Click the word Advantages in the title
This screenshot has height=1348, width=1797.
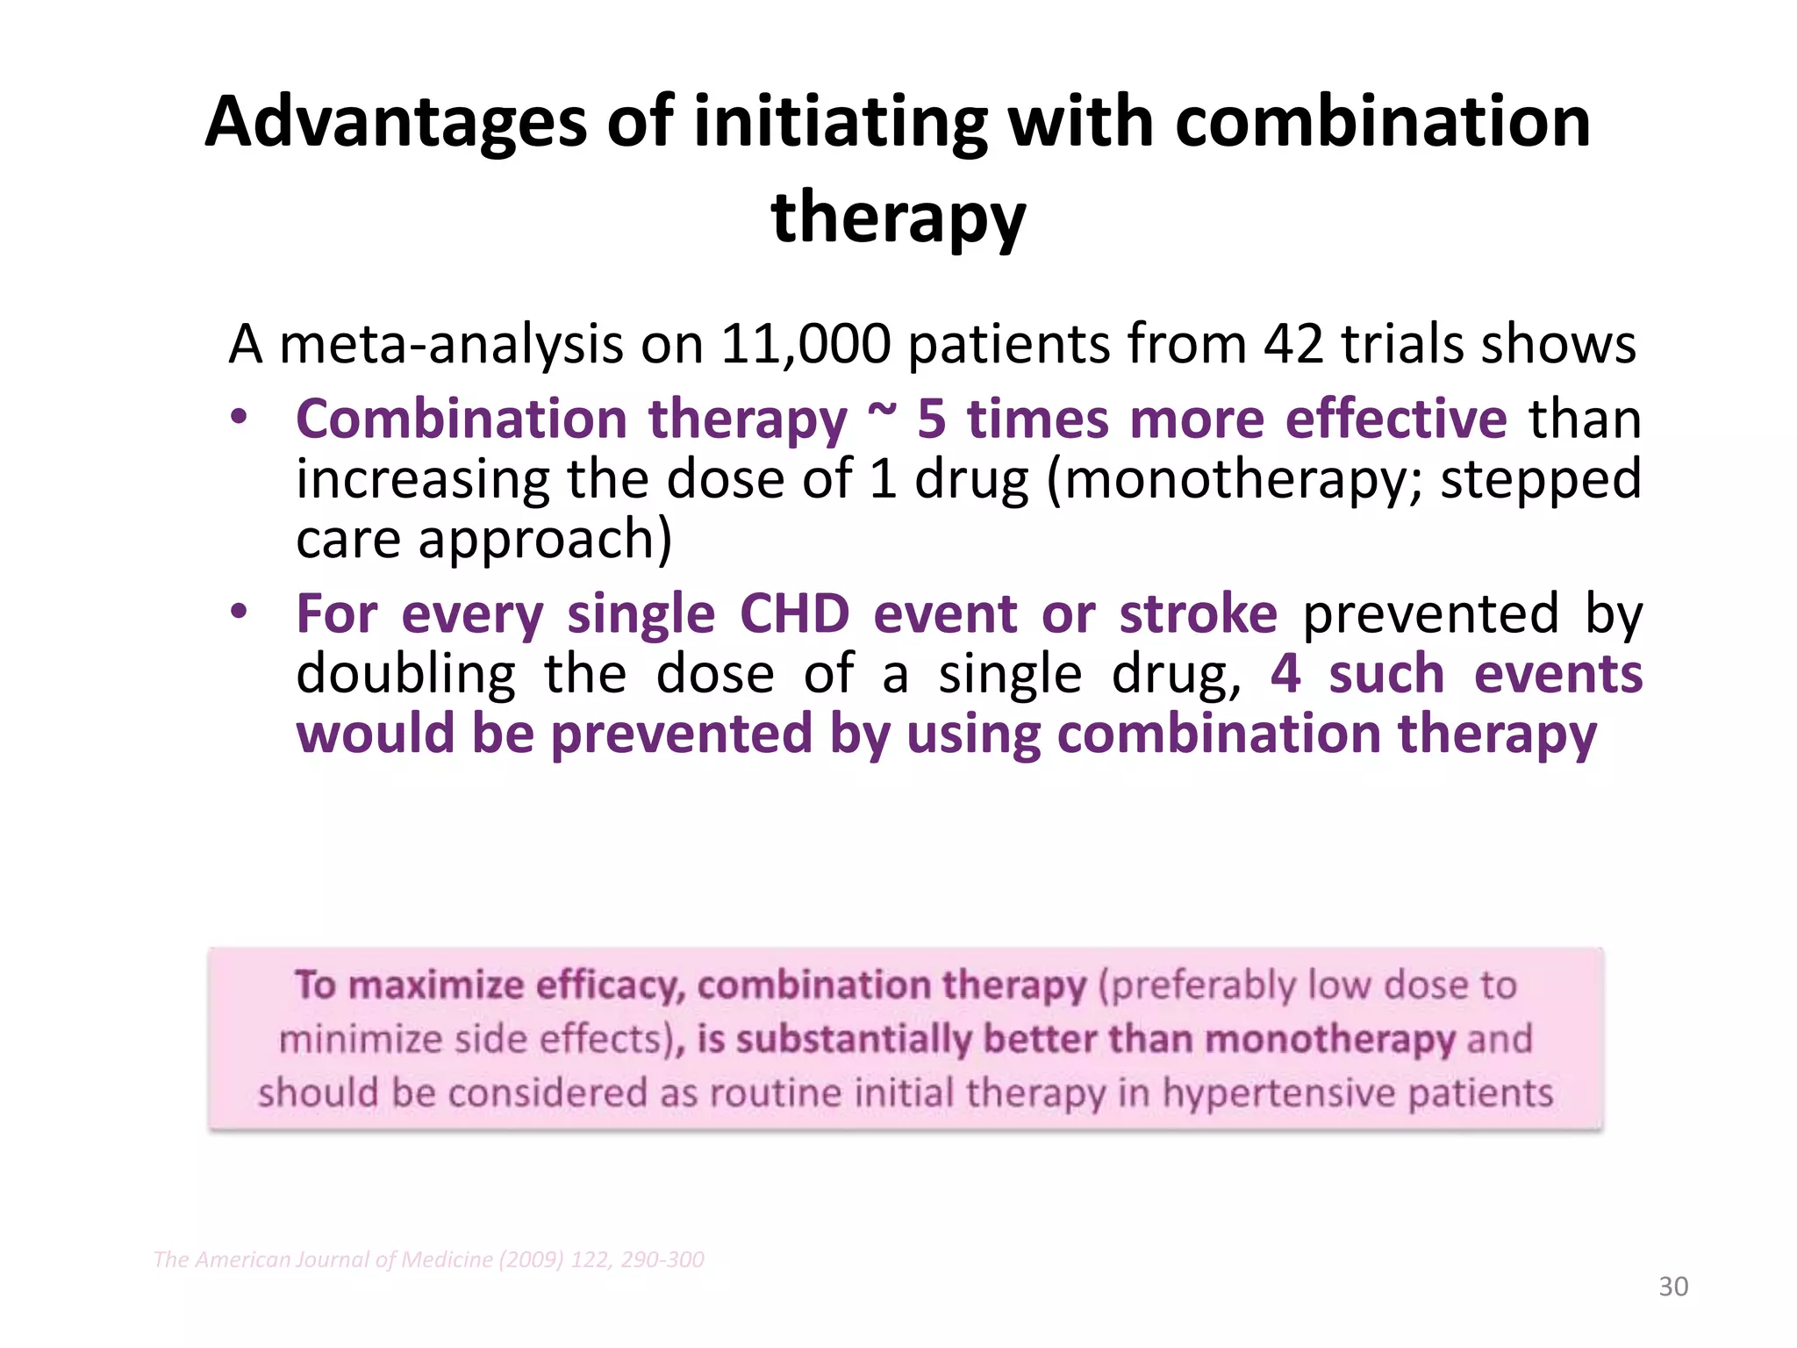coord(395,123)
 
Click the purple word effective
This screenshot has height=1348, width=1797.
coord(1396,419)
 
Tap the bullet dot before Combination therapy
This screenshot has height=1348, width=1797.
coord(240,419)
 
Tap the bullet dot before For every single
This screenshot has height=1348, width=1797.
coord(240,613)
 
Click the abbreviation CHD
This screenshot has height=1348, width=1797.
coord(794,613)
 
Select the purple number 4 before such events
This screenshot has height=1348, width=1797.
coord(1285,675)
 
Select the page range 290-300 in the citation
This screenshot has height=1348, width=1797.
coord(662,1260)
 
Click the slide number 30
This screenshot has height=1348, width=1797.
coord(1673,1287)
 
